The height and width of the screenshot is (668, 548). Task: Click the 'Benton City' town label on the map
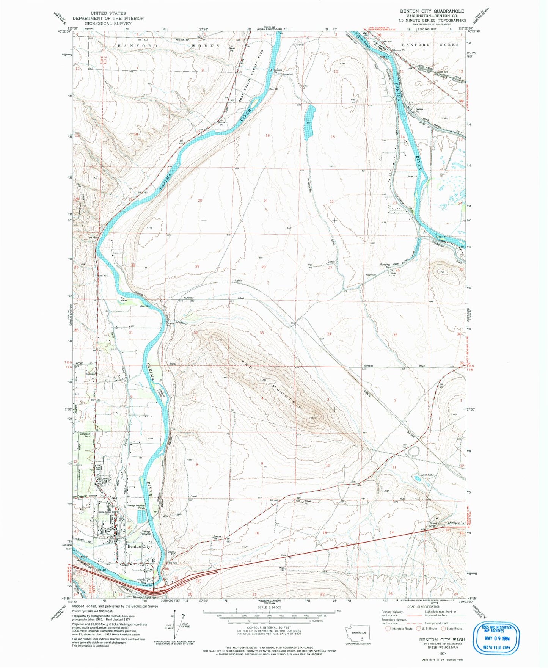pyautogui.click(x=139, y=546)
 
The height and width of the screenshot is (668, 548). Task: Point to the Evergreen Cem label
pyautogui.click(x=85, y=435)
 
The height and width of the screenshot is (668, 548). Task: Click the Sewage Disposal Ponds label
pyautogui.click(x=136, y=507)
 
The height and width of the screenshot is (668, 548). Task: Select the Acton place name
pyautogui.click(x=238, y=281)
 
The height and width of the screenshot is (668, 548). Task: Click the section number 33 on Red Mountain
pyautogui.click(x=261, y=332)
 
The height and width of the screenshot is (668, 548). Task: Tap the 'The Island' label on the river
pyautogui.click(x=123, y=299)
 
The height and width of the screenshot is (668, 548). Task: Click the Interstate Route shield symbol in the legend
pyautogui.click(x=388, y=628)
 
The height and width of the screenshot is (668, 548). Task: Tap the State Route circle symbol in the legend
pyautogui.click(x=443, y=628)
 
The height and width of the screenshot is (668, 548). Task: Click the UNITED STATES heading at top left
pyautogui.click(x=108, y=13)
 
